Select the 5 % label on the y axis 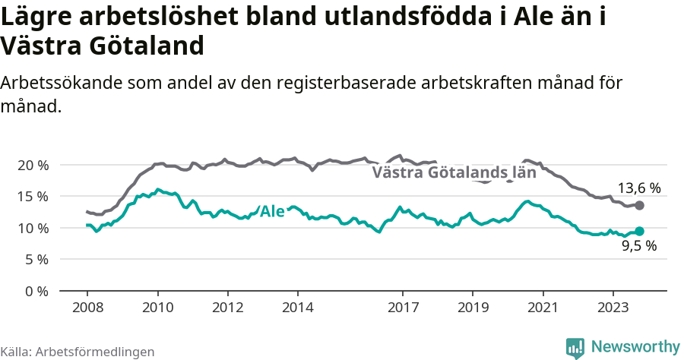pyautogui.click(x=35, y=260)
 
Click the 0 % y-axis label pyautogui.click(x=35, y=291)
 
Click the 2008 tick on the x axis pyautogui.click(x=87, y=308)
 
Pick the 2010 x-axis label pyautogui.click(x=157, y=308)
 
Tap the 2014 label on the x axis pyautogui.click(x=297, y=308)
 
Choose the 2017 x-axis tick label pyautogui.click(x=403, y=308)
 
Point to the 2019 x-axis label pyautogui.click(x=473, y=308)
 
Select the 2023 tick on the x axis pyautogui.click(x=613, y=308)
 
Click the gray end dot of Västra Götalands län pyautogui.click(x=639, y=205)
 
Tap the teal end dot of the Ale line pyautogui.click(x=639, y=231)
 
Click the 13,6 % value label pyautogui.click(x=638, y=188)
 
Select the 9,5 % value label pyautogui.click(x=638, y=246)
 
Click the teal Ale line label pyautogui.click(x=272, y=211)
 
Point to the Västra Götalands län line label pyautogui.click(x=454, y=172)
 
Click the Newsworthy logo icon pyautogui.click(x=575, y=347)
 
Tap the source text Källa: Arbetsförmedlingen pyautogui.click(x=78, y=352)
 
